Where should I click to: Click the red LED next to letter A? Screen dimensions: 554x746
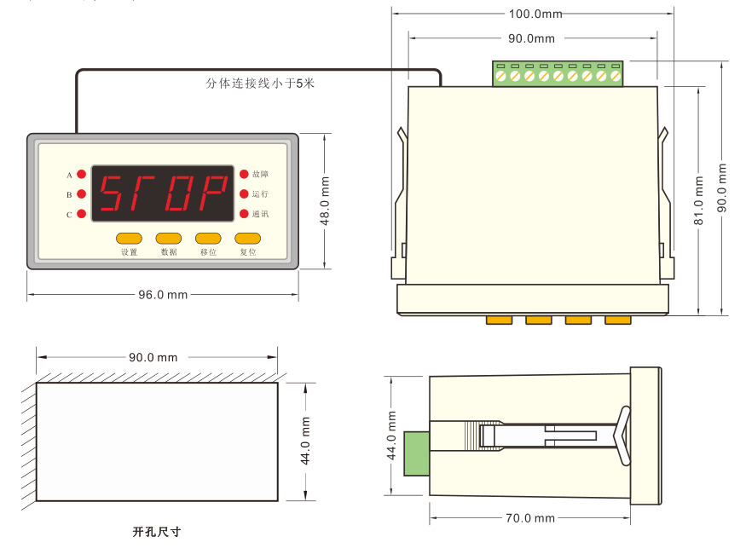pos(82,175)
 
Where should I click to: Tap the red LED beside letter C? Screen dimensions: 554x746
pos(82,214)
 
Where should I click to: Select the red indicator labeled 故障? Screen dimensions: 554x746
pos(244,175)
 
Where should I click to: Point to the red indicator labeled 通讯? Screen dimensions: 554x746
pos(244,214)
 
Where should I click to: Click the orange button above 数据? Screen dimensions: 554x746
pos(168,239)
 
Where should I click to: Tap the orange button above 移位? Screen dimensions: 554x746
pos(208,239)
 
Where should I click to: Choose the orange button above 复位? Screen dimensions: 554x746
pos(247,239)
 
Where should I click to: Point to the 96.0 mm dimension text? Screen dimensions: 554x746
pos(163,295)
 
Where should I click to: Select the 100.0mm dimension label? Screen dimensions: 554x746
pos(535,14)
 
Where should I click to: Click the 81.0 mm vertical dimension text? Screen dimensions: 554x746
pos(699,200)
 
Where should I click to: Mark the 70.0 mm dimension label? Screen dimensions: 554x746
pos(530,518)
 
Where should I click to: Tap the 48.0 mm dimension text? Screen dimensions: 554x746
pos(325,200)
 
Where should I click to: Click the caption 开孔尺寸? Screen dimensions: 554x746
pos(157,532)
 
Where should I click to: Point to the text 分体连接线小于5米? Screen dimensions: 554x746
pos(261,84)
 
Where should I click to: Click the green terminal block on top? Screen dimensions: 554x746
pos(558,74)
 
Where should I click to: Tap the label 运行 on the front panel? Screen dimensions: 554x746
pos(260,194)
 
